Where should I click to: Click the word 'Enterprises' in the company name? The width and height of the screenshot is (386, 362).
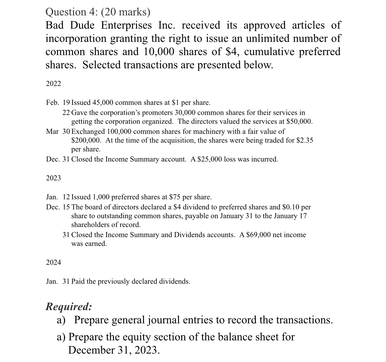click(x=126, y=26)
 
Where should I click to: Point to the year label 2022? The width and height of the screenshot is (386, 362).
click(x=54, y=84)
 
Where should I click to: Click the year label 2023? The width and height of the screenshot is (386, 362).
click(x=54, y=178)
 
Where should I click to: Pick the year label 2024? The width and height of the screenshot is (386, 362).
click(x=54, y=263)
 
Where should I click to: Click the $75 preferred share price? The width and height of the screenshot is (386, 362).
click(x=175, y=197)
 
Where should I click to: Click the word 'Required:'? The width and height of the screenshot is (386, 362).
click(x=69, y=306)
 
